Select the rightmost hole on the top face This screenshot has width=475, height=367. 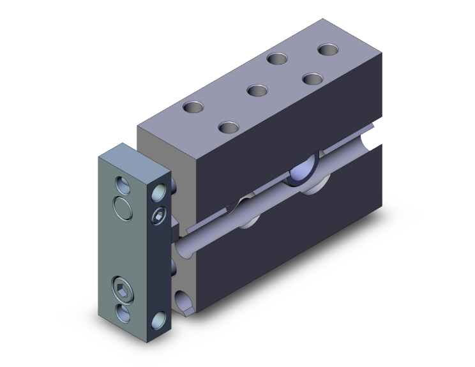329,49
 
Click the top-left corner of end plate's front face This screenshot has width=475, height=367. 98,157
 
